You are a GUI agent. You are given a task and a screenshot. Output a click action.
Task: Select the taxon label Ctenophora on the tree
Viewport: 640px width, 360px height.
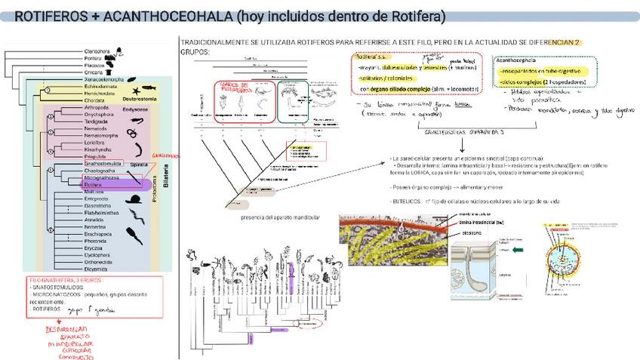[96, 51]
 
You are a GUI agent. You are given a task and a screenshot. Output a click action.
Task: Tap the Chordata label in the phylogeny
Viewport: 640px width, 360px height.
[95, 100]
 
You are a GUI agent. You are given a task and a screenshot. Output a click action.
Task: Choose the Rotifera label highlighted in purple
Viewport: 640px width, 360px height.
[94, 184]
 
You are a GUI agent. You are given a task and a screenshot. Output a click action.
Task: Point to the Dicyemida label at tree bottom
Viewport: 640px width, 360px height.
[96, 269]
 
